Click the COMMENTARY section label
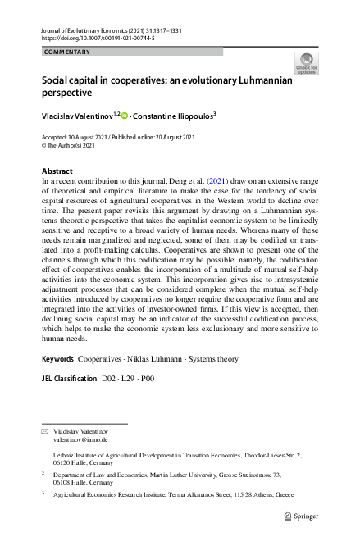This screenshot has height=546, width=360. [68, 52]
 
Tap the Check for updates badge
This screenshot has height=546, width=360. [307, 64]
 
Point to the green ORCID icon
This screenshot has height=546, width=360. [125, 116]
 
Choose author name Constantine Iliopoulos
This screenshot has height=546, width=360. [174, 116]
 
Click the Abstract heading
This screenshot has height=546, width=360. [57, 171]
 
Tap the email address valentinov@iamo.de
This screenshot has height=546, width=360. [80, 440]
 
